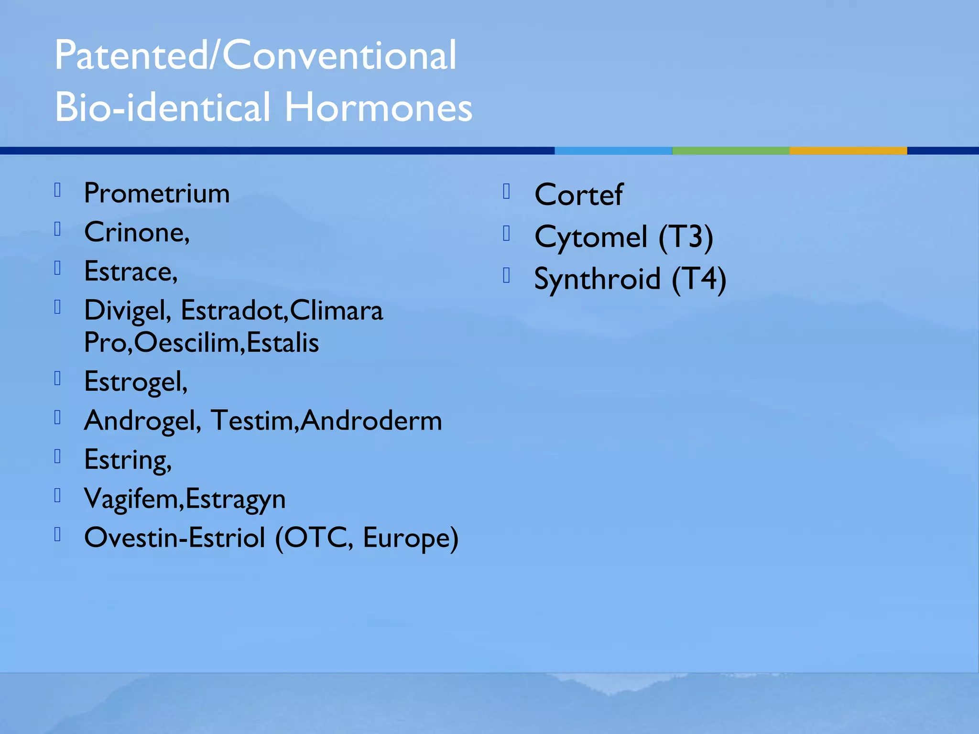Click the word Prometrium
click(157, 194)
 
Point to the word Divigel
click(125, 311)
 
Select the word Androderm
click(371, 421)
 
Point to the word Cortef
click(578, 195)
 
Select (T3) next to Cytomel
click(685, 237)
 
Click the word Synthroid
click(597, 279)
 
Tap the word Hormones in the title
click(378, 107)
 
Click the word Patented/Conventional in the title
click(255, 55)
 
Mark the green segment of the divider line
click(730, 151)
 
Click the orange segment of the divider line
click(848, 151)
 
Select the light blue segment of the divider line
click(613, 151)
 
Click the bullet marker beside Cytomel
click(507, 234)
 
